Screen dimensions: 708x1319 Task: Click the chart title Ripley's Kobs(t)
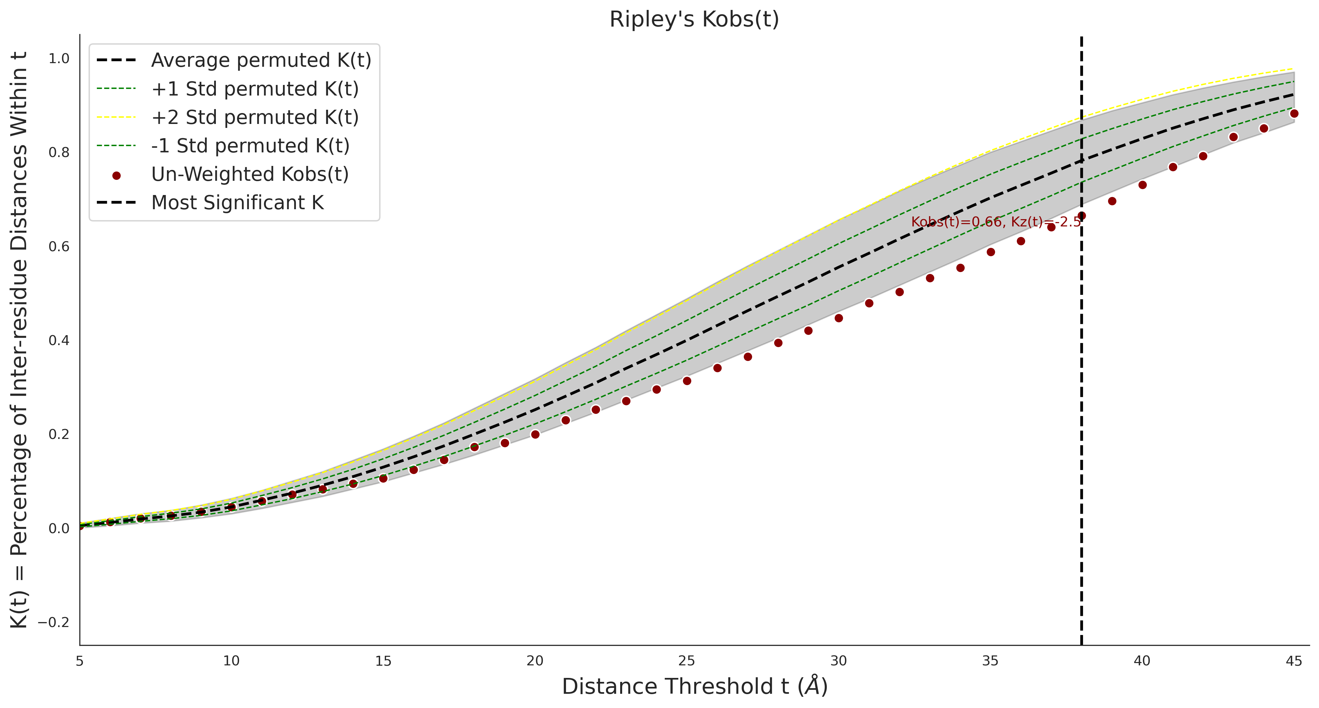694,20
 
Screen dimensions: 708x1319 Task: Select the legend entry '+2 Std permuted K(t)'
255,117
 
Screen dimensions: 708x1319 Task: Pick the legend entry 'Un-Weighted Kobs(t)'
249,174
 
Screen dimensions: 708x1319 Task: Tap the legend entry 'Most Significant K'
237,203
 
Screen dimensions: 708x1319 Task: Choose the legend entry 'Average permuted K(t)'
260,60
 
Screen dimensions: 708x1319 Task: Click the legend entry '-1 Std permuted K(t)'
250,146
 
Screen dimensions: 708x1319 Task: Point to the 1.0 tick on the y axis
59,59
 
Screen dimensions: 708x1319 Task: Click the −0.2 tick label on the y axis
54,622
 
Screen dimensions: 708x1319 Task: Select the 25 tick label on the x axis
687,661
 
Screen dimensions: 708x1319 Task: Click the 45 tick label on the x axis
1294,661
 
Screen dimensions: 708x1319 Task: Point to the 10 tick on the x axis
231,661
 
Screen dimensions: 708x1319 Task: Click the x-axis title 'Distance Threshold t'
694,687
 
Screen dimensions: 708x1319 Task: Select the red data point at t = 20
535,434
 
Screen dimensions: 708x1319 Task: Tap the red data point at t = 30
839,318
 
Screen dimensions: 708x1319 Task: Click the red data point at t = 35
991,252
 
